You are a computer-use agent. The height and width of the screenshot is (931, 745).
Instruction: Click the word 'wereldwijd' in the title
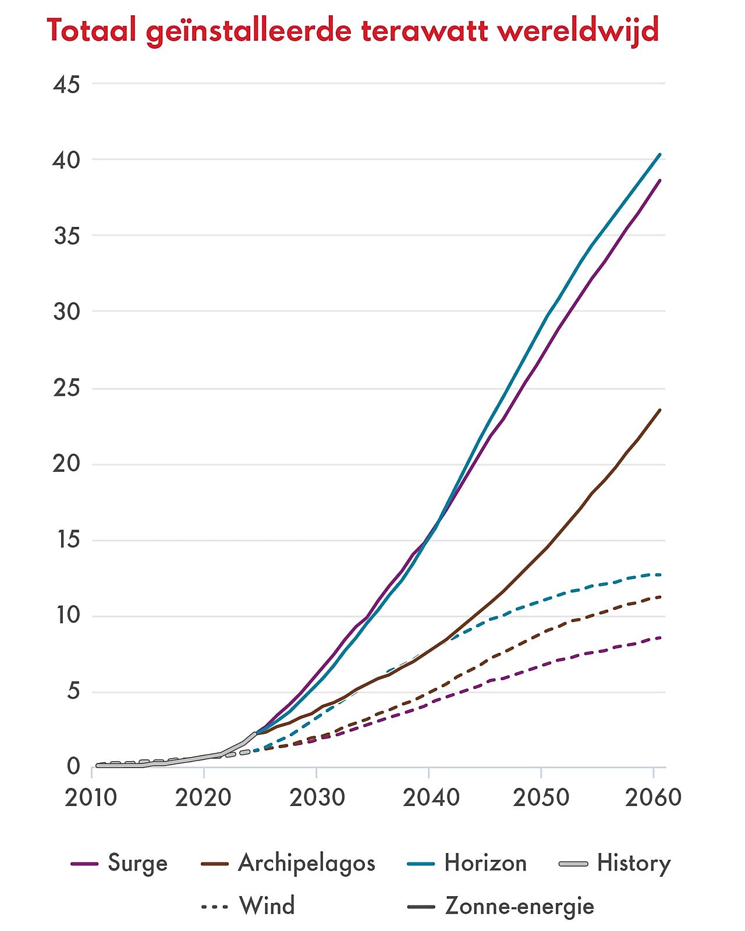[x=578, y=30]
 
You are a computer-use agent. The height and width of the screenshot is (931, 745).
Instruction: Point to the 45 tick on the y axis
[x=66, y=85]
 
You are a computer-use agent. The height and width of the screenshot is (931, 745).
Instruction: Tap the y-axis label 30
[x=66, y=312]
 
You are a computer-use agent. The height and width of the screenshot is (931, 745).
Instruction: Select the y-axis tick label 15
[x=66, y=540]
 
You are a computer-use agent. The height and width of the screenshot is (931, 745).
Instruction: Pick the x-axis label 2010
[x=91, y=797]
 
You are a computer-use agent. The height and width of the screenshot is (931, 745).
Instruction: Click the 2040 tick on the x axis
[x=431, y=797]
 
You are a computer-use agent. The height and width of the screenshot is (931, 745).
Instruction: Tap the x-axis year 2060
[x=653, y=797]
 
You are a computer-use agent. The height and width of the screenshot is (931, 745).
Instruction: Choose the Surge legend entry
[x=137, y=863]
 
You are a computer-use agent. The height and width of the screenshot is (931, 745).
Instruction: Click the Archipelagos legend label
[x=306, y=863]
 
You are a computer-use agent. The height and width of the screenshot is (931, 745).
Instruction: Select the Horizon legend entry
[x=485, y=863]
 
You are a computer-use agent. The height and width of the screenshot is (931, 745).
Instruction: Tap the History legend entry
[x=633, y=863]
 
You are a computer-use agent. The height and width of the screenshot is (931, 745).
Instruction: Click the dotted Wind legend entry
[x=267, y=906]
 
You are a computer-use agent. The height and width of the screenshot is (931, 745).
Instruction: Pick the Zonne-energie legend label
[x=519, y=906]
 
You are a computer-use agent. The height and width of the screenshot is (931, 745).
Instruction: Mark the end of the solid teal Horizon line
[x=660, y=154]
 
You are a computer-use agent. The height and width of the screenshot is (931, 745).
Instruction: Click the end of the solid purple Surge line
[x=660, y=180]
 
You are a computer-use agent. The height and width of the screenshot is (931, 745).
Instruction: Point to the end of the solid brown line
[x=660, y=410]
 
